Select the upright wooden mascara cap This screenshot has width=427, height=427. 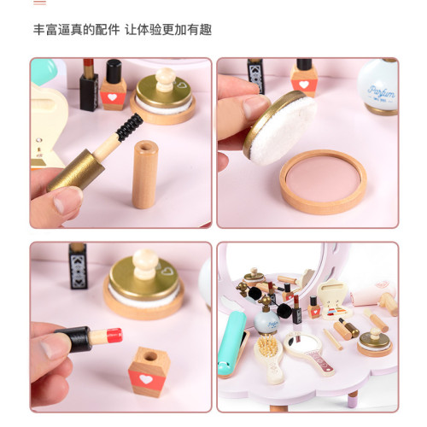(145, 174)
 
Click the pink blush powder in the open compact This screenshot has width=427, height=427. (322, 178)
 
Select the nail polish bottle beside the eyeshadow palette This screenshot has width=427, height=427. (314, 307)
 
